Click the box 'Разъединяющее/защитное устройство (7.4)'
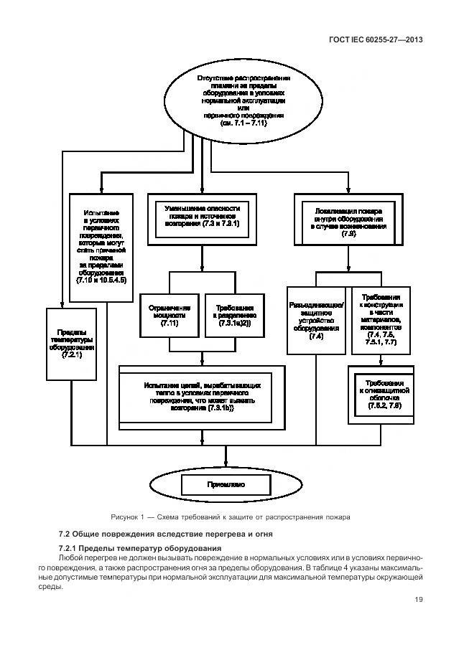(x=316, y=320)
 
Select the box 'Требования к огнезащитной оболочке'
(x=382, y=393)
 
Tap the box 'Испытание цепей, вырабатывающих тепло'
(x=196, y=396)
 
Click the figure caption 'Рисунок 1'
(x=231, y=517)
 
